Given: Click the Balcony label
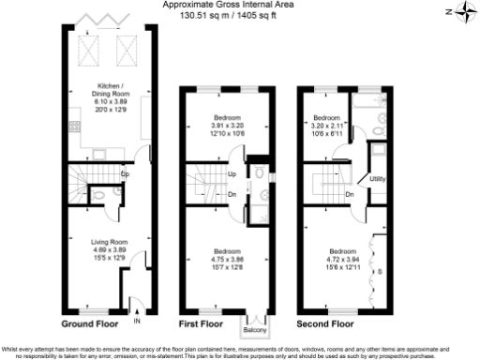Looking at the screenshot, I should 255,329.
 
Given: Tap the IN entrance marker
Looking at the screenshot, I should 137,322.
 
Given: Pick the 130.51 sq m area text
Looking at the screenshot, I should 185,16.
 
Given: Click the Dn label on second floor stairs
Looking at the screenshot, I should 348,194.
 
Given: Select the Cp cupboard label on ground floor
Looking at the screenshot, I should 126,173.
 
